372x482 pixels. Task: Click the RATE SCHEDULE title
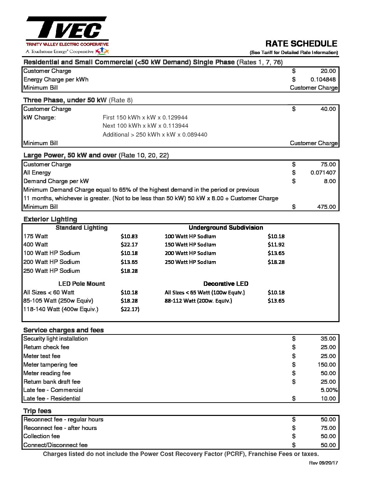click(x=301, y=43)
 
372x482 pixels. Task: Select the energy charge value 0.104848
click(x=323, y=79)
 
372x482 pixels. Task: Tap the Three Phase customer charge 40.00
click(x=328, y=109)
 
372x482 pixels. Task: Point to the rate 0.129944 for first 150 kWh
click(x=175, y=117)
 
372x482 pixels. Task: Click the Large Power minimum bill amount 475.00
click(x=326, y=207)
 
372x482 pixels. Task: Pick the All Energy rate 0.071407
click(x=323, y=173)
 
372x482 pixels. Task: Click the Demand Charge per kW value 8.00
click(x=330, y=181)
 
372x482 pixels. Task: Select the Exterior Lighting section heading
click(x=50, y=219)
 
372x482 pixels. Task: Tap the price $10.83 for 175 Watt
click(x=129, y=236)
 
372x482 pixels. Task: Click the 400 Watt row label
click(x=36, y=244)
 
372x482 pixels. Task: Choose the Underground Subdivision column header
click(x=226, y=228)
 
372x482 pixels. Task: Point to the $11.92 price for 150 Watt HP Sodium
click(x=276, y=245)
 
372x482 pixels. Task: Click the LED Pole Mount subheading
click(x=81, y=284)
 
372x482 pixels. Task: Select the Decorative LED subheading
click(x=226, y=284)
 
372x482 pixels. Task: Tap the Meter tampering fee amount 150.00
click(x=327, y=365)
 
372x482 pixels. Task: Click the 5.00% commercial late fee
click(x=329, y=390)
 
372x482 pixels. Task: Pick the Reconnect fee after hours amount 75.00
click(x=328, y=428)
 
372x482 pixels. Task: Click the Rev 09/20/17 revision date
click(x=323, y=463)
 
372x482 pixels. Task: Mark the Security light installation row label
click(x=55, y=339)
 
